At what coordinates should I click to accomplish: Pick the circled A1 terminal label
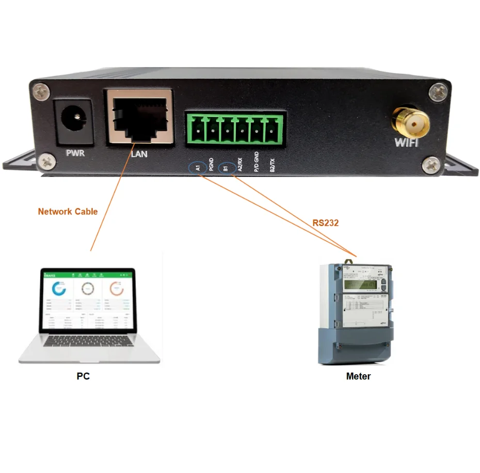point(197,167)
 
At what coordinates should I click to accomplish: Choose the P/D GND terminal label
point(257,162)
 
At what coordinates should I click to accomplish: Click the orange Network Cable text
point(68,211)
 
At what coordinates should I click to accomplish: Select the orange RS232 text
point(325,223)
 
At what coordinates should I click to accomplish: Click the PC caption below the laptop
point(83,376)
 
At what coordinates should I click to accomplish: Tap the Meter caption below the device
point(358,376)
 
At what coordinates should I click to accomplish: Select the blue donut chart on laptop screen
point(59,289)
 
